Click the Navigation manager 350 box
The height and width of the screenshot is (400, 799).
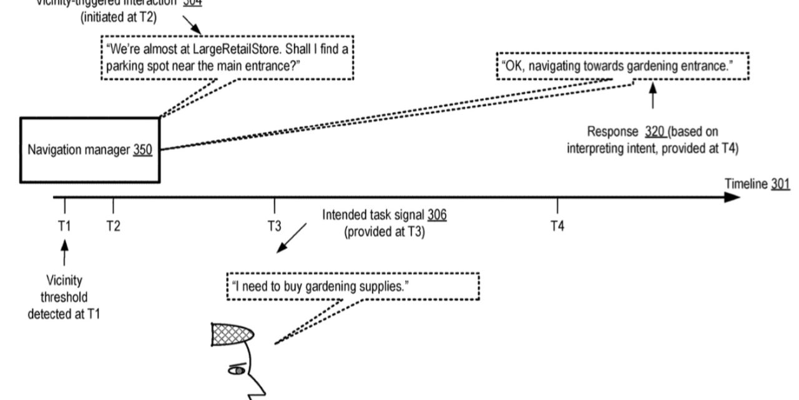pos(90,150)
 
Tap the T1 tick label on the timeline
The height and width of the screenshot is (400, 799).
pos(64,226)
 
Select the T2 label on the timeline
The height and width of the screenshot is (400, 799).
pos(113,226)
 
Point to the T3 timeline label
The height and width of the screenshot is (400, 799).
pos(275,226)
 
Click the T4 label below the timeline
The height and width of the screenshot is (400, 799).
pos(557,226)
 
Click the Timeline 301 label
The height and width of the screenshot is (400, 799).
pos(757,184)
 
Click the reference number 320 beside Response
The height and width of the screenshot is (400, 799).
pos(655,132)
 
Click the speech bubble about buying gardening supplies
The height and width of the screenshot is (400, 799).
pos(353,286)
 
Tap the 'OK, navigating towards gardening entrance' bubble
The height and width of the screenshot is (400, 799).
pos(622,66)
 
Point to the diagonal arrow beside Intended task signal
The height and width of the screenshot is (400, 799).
pos(292,238)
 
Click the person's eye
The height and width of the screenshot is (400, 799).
pos(238,371)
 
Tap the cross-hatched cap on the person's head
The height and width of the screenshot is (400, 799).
pos(232,334)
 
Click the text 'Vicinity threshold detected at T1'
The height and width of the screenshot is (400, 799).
pos(64,297)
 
